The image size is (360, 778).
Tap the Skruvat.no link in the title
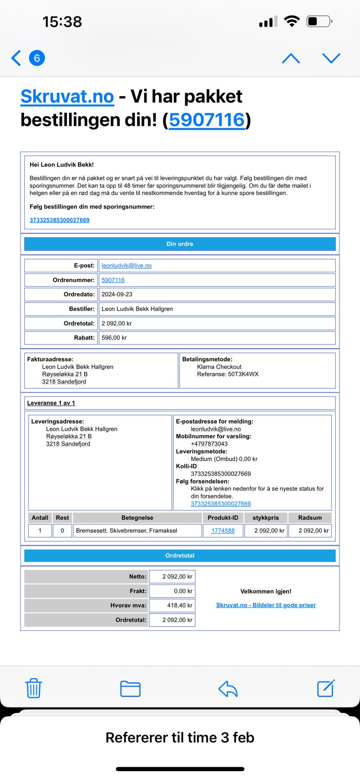click(67, 96)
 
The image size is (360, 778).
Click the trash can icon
click(34, 688)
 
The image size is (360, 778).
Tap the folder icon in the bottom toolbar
click(130, 689)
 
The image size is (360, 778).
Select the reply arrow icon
click(228, 688)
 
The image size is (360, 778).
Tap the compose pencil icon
click(325, 688)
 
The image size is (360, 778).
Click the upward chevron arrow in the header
click(291, 58)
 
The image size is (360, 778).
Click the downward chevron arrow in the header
click(331, 58)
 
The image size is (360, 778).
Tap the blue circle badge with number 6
click(37, 58)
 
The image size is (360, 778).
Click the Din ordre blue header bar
click(180, 244)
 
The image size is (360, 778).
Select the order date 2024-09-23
click(117, 294)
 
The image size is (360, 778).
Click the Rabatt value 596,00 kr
click(114, 337)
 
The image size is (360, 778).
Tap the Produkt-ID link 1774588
click(223, 530)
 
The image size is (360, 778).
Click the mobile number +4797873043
click(209, 444)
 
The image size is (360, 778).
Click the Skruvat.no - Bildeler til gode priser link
click(266, 605)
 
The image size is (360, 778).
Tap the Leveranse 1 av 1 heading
click(51, 403)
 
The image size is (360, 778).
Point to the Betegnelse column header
click(137, 518)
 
